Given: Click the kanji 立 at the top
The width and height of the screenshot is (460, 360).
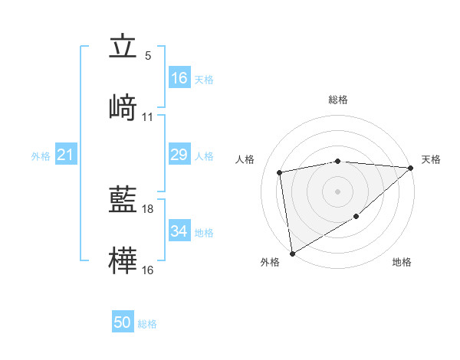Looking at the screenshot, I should tap(122, 47).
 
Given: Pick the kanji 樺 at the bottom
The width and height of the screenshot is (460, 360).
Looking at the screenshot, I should tap(122, 259).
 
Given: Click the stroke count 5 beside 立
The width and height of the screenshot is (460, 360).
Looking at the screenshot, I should tap(148, 56).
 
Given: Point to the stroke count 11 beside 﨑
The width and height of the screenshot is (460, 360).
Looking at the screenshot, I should tap(148, 117).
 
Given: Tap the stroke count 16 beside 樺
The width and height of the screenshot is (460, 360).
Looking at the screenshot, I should tap(148, 270).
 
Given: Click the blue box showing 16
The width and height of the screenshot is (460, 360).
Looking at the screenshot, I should tap(179, 78).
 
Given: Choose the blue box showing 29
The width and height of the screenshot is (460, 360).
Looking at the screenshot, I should tap(179, 155).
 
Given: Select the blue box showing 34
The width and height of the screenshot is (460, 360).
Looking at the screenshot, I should tap(179, 231).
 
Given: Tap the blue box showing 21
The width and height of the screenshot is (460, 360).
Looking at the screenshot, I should tap(65, 155).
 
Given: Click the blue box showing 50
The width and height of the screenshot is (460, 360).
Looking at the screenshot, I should tap(122, 323).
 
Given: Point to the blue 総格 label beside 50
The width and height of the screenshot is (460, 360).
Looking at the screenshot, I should tap(147, 324).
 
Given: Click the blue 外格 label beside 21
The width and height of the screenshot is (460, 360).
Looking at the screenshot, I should tap(41, 156).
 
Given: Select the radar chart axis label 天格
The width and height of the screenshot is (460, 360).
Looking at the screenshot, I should tap(431, 159).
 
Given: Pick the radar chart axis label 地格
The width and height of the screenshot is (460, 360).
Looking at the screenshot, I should tap(402, 263).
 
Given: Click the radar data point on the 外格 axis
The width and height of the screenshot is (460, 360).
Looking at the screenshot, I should tap(292, 253).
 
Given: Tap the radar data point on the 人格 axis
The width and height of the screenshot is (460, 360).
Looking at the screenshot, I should tap(280, 172).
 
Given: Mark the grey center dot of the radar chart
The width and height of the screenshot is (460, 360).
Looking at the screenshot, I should tap(337, 191).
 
